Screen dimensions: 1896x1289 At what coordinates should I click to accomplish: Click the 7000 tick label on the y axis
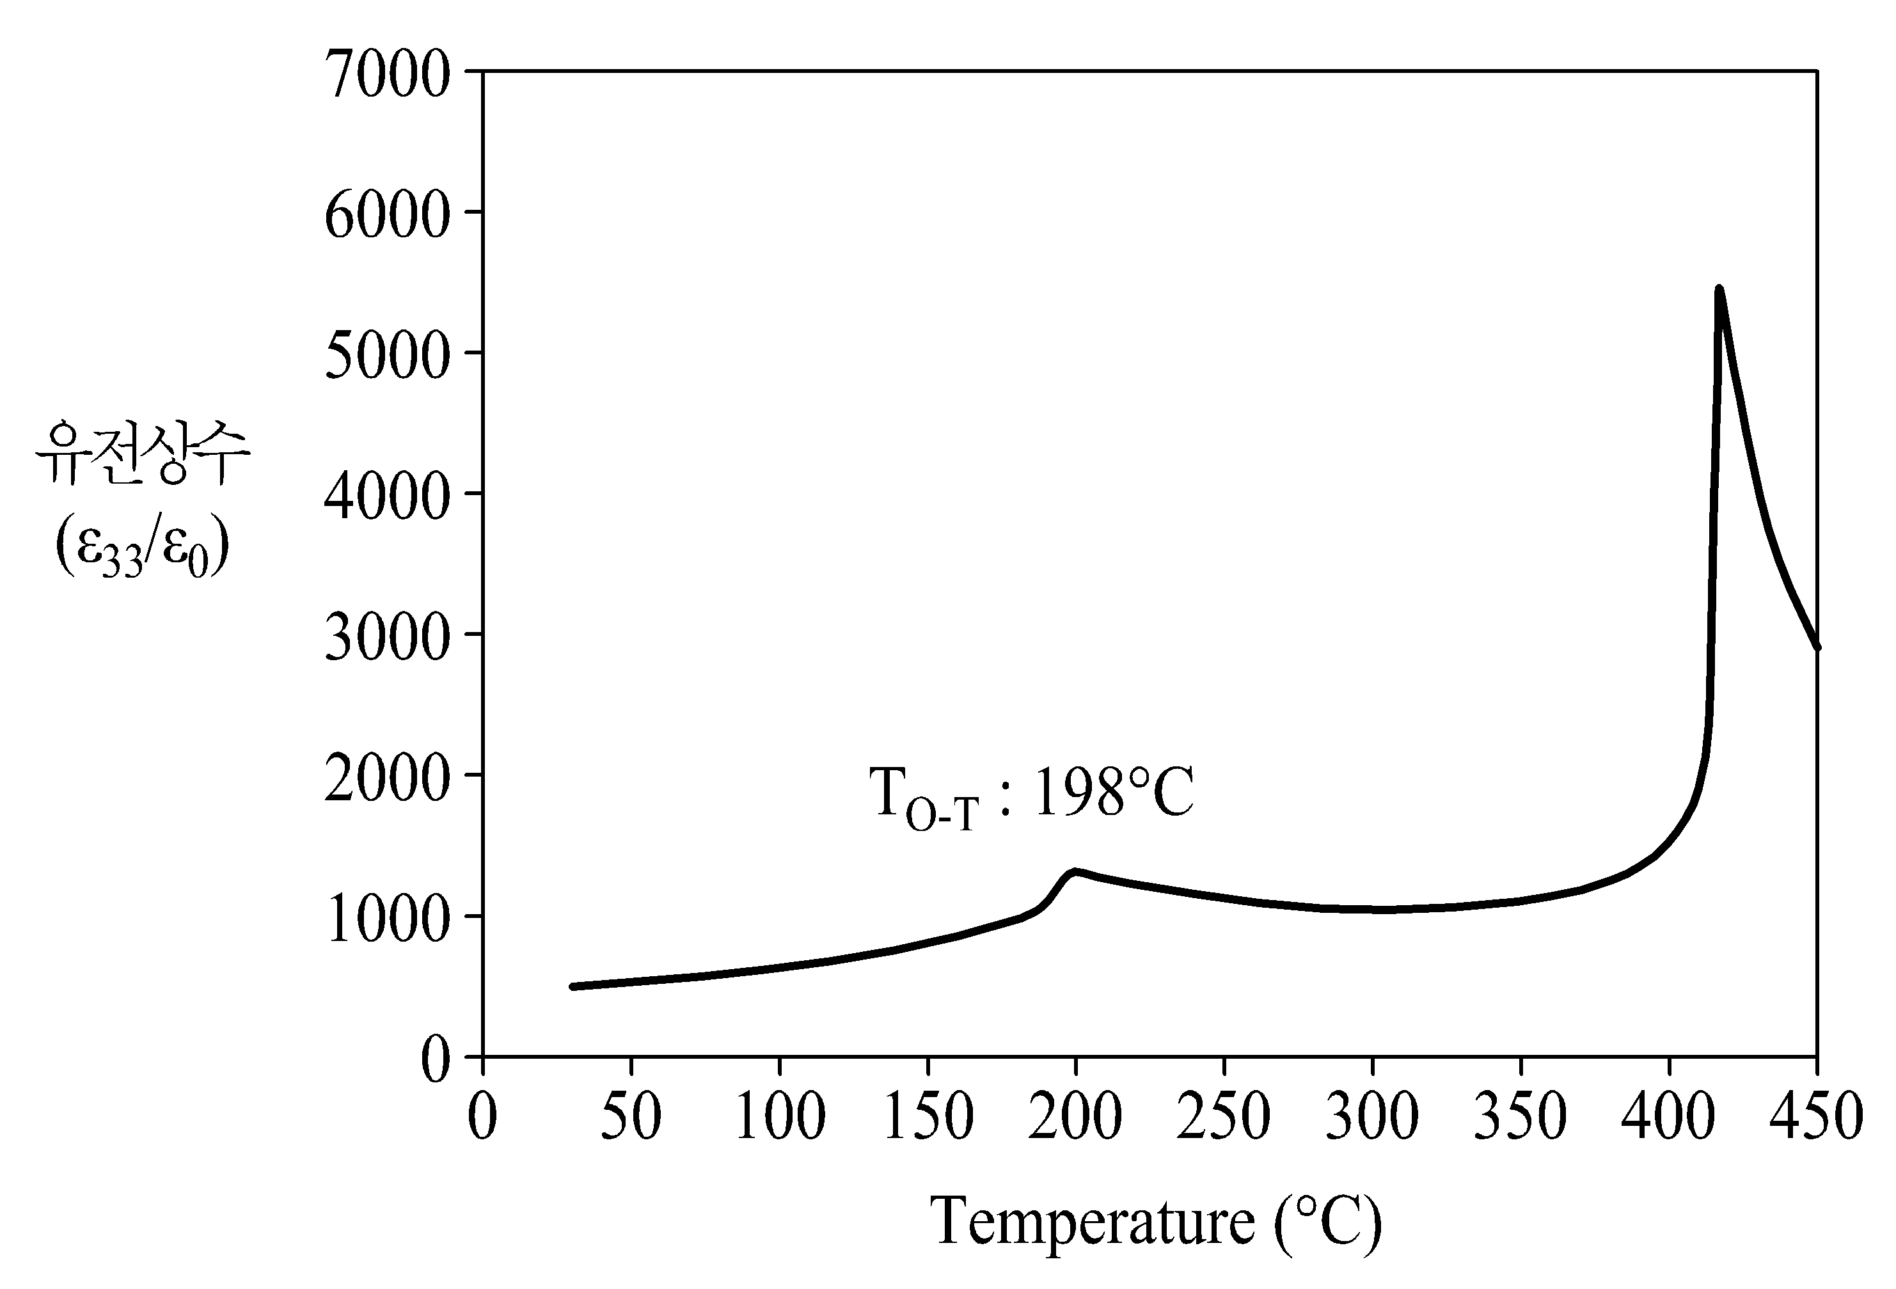(388, 74)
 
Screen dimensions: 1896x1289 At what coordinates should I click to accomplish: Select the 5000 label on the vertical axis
(388, 355)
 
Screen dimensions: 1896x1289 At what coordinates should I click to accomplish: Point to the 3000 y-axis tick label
(388, 637)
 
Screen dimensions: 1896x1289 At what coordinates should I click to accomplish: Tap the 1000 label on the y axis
(388, 919)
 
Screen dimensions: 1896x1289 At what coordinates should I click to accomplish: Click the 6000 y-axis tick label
(388, 214)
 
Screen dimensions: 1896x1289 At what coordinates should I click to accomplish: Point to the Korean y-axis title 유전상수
(143, 452)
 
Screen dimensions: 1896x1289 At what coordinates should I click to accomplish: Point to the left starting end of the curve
(573, 987)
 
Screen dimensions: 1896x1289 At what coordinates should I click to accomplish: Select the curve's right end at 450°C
(1817, 647)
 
